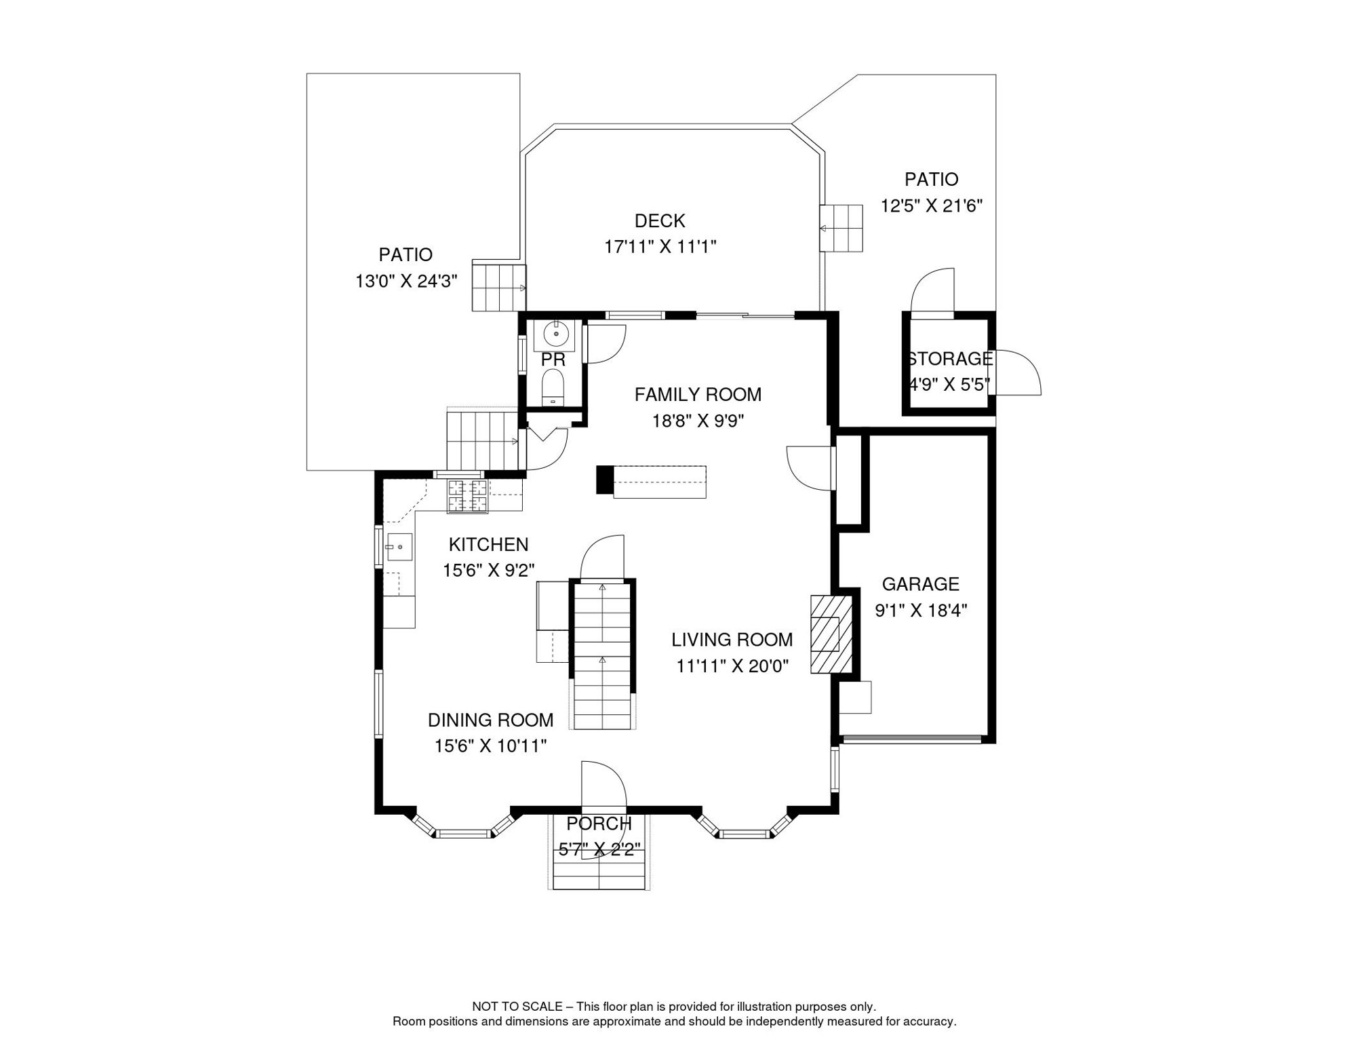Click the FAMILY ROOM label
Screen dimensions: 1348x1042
pos(698,395)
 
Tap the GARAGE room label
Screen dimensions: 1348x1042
pos(920,584)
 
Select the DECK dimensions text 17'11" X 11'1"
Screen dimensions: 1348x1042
pos(660,247)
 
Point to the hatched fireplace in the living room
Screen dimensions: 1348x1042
pos(831,634)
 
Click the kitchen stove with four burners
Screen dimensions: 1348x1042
pos(467,496)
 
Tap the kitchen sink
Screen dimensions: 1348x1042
pos(399,547)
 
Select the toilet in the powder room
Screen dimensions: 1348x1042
pos(553,388)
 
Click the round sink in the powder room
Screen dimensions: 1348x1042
pos(555,335)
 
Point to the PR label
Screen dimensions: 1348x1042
pos(553,360)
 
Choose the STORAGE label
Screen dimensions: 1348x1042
pos(950,359)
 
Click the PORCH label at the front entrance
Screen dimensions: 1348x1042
pos(599,824)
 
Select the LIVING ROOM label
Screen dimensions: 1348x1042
pos(732,640)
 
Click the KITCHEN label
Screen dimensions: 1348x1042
pos(488,545)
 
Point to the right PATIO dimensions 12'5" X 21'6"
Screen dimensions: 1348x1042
pos(931,206)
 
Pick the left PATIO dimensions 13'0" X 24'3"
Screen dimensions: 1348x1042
pos(406,282)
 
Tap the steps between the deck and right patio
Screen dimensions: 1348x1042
pos(841,228)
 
